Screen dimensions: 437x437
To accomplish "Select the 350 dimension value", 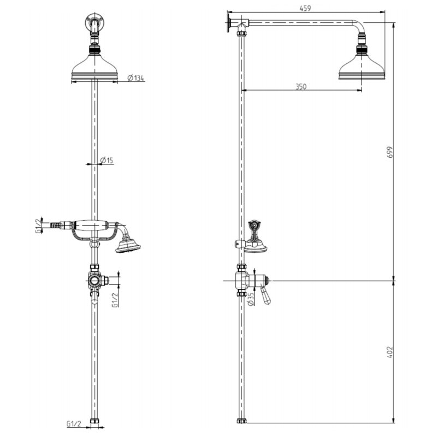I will click(x=300, y=86).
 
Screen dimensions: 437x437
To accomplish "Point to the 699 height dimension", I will click(x=389, y=151).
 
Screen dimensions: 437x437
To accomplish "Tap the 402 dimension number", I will click(x=389, y=351).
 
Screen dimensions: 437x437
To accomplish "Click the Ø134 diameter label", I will click(x=136, y=78).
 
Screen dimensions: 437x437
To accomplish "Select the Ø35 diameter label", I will click(x=251, y=298).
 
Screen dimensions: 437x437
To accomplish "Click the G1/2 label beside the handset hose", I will click(x=38, y=225).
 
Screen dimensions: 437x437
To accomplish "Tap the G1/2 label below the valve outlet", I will click(x=115, y=300).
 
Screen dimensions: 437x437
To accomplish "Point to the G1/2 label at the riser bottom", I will click(x=74, y=423).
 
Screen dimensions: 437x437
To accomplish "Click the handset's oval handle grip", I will click(x=90, y=224).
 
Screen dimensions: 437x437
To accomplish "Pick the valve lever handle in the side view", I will click(x=266, y=296).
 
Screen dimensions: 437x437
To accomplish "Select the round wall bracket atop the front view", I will click(x=95, y=23).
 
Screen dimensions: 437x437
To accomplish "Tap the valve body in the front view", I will click(x=96, y=280).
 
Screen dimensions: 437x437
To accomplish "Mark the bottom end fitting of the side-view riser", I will click(x=241, y=421).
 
